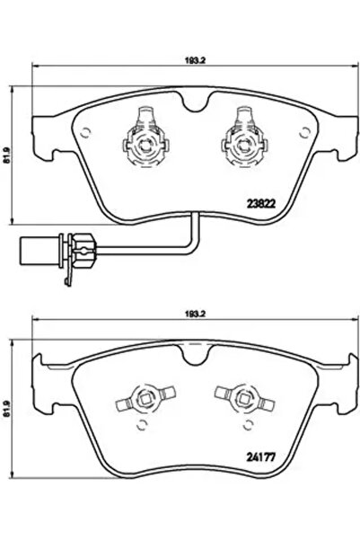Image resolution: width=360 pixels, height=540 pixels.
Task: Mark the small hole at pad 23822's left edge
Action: [84, 132]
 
